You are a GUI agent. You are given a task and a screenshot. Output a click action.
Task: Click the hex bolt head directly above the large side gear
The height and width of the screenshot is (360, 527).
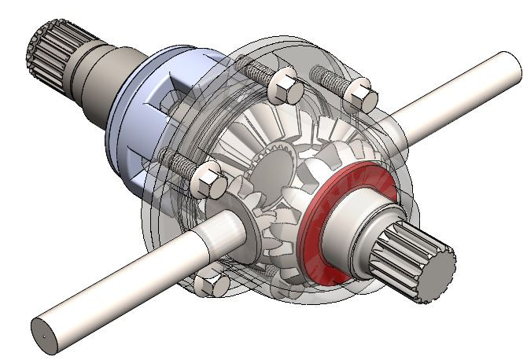[284, 86]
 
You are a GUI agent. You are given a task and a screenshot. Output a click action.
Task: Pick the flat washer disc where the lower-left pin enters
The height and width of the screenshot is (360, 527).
[249, 236]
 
